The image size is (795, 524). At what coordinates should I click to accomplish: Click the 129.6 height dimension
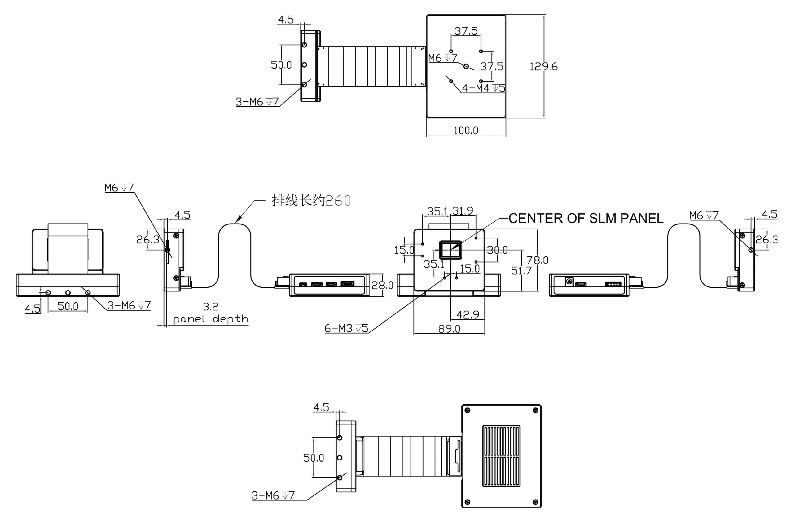pyautogui.click(x=543, y=67)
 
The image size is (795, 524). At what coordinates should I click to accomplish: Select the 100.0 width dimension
pyautogui.click(x=466, y=131)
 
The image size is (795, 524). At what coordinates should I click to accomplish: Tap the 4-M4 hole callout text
pyautogui.click(x=483, y=88)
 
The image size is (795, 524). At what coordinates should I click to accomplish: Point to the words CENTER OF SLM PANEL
pyautogui.click(x=586, y=218)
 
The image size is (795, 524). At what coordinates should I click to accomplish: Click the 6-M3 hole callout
pyautogui.click(x=346, y=328)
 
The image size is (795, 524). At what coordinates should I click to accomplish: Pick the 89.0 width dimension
pyautogui.click(x=449, y=329)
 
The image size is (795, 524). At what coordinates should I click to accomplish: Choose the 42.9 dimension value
pyautogui.click(x=468, y=314)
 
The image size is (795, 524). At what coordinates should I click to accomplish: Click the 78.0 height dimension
pyautogui.click(x=537, y=260)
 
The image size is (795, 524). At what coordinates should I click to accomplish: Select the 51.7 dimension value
pyautogui.click(x=521, y=271)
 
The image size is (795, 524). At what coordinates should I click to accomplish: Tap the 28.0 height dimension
pyautogui.click(x=382, y=285)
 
